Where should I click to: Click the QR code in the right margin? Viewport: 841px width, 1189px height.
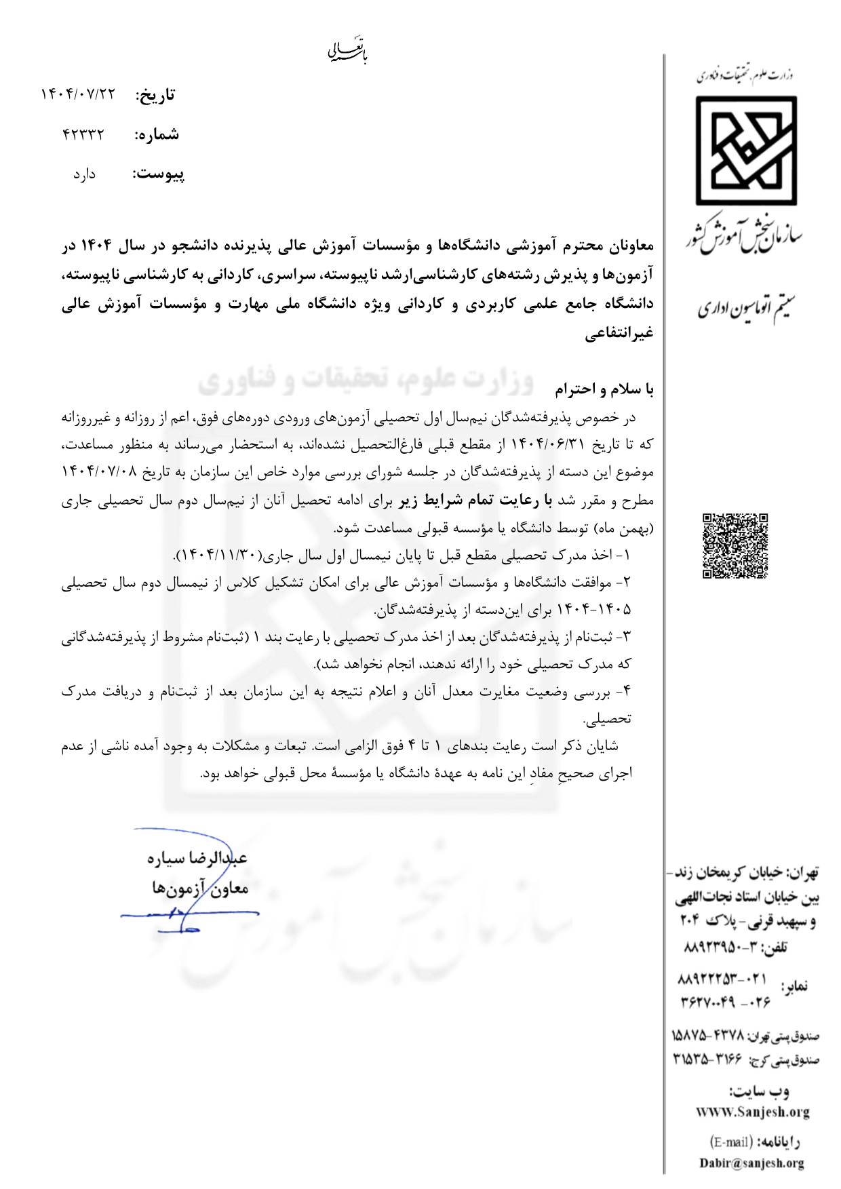[735, 546]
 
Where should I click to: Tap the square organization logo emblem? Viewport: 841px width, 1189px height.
[746, 151]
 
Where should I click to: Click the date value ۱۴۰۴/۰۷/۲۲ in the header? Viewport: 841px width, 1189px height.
[79, 94]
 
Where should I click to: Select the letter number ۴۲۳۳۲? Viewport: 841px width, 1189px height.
[83, 134]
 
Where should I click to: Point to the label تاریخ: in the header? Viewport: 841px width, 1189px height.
[155, 95]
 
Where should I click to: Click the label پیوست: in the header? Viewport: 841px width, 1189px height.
[158, 174]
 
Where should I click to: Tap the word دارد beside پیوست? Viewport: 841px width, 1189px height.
[85, 174]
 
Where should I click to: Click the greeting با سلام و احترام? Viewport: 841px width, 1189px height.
[604, 389]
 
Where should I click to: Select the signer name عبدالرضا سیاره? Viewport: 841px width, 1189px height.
[197, 858]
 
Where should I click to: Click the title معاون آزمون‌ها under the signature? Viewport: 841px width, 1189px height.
[200, 888]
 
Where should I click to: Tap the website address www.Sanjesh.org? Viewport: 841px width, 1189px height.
[753, 1112]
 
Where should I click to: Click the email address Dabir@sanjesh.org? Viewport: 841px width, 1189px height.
[751, 1163]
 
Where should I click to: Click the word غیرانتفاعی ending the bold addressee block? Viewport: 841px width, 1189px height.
[619, 333]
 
